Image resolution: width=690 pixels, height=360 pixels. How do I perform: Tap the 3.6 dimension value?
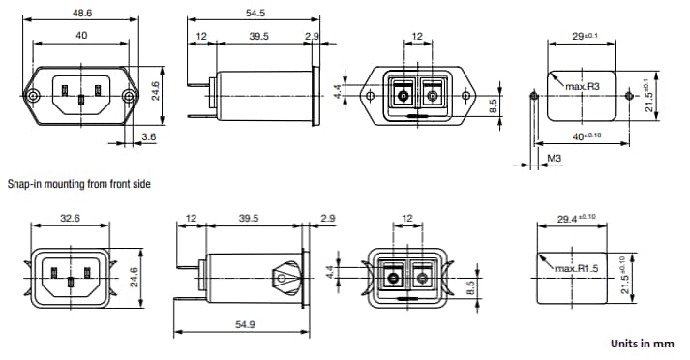[x=148, y=137]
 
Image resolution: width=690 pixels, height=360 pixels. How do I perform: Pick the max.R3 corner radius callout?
[x=584, y=87]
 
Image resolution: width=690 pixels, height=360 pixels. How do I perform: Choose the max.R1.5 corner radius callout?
[x=579, y=267]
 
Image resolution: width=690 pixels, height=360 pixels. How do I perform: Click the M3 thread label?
[x=555, y=157]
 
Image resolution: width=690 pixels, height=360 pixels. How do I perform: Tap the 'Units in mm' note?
[x=642, y=343]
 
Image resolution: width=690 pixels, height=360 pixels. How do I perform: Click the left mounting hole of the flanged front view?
[x=34, y=97]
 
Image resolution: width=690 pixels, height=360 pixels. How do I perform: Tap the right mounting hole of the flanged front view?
[x=129, y=97]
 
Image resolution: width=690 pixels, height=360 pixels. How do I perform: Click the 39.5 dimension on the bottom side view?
[x=249, y=219]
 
